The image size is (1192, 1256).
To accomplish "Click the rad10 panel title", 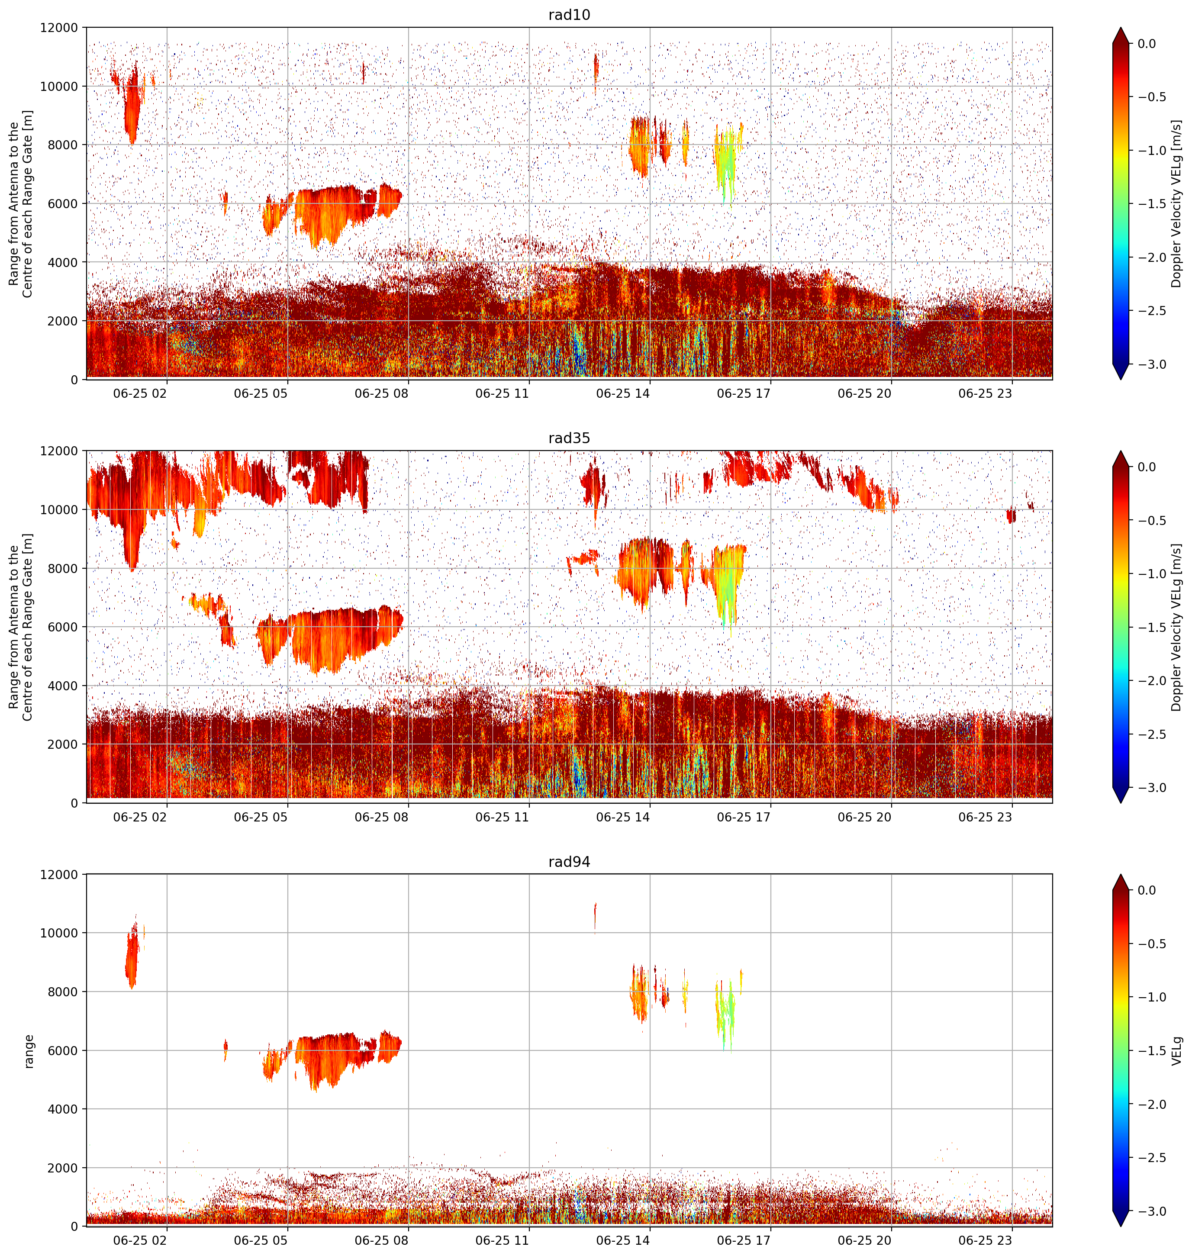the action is click(569, 15).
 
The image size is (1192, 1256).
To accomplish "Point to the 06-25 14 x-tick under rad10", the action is click(623, 393).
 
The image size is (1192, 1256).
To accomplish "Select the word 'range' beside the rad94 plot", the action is click(28, 1051).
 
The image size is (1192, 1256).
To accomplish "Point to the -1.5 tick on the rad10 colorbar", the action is click(1151, 204).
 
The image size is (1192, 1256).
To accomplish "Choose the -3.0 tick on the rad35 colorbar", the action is click(1151, 788).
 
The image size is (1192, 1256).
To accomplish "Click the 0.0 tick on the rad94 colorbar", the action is click(1147, 890).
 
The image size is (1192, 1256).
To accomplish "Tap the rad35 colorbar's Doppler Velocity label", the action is click(1177, 627).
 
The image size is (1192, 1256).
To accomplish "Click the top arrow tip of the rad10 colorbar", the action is click(1121, 27).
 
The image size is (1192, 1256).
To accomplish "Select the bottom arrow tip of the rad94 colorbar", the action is click(1121, 1227).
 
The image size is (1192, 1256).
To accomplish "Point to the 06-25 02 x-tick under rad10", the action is click(140, 393).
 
